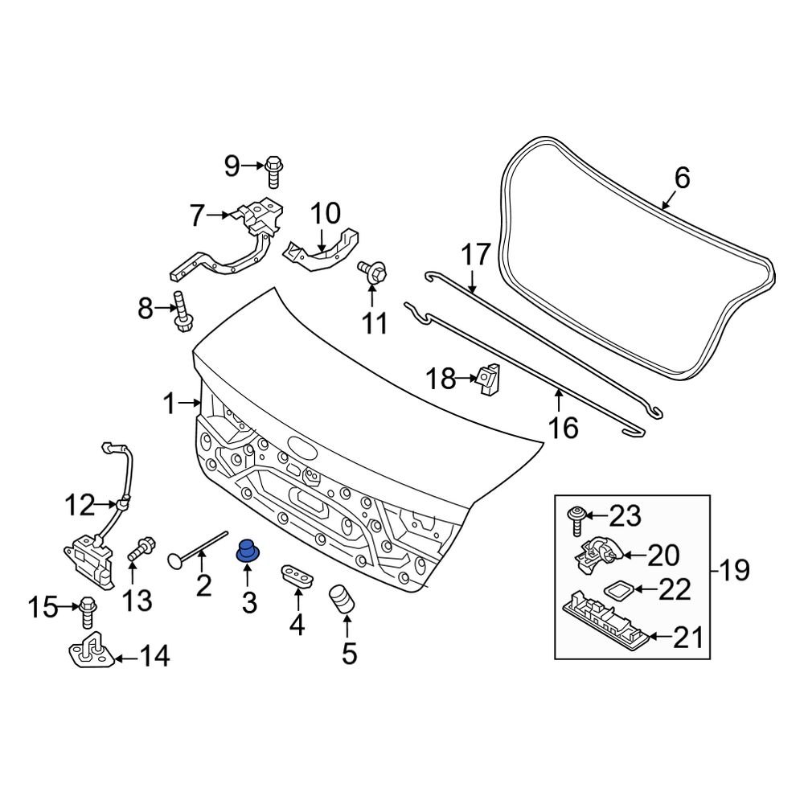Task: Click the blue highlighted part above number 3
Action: pyautogui.click(x=245, y=552)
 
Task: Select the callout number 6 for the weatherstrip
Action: pyautogui.click(x=682, y=178)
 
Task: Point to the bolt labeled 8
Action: pyautogui.click(x=182, y=312)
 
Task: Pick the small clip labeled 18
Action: pyautogui.click(x=487, y=379)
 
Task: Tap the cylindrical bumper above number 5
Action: pyautogui.click(x=343, y=601)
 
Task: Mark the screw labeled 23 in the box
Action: pyautogui.click(x=576, y=519)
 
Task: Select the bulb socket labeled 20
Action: pyautogui.click(x=597, y=552)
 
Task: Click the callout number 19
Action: pyautogui.click(x=732, y=572)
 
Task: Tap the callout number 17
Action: pyautogui.click(x=475, y=256)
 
